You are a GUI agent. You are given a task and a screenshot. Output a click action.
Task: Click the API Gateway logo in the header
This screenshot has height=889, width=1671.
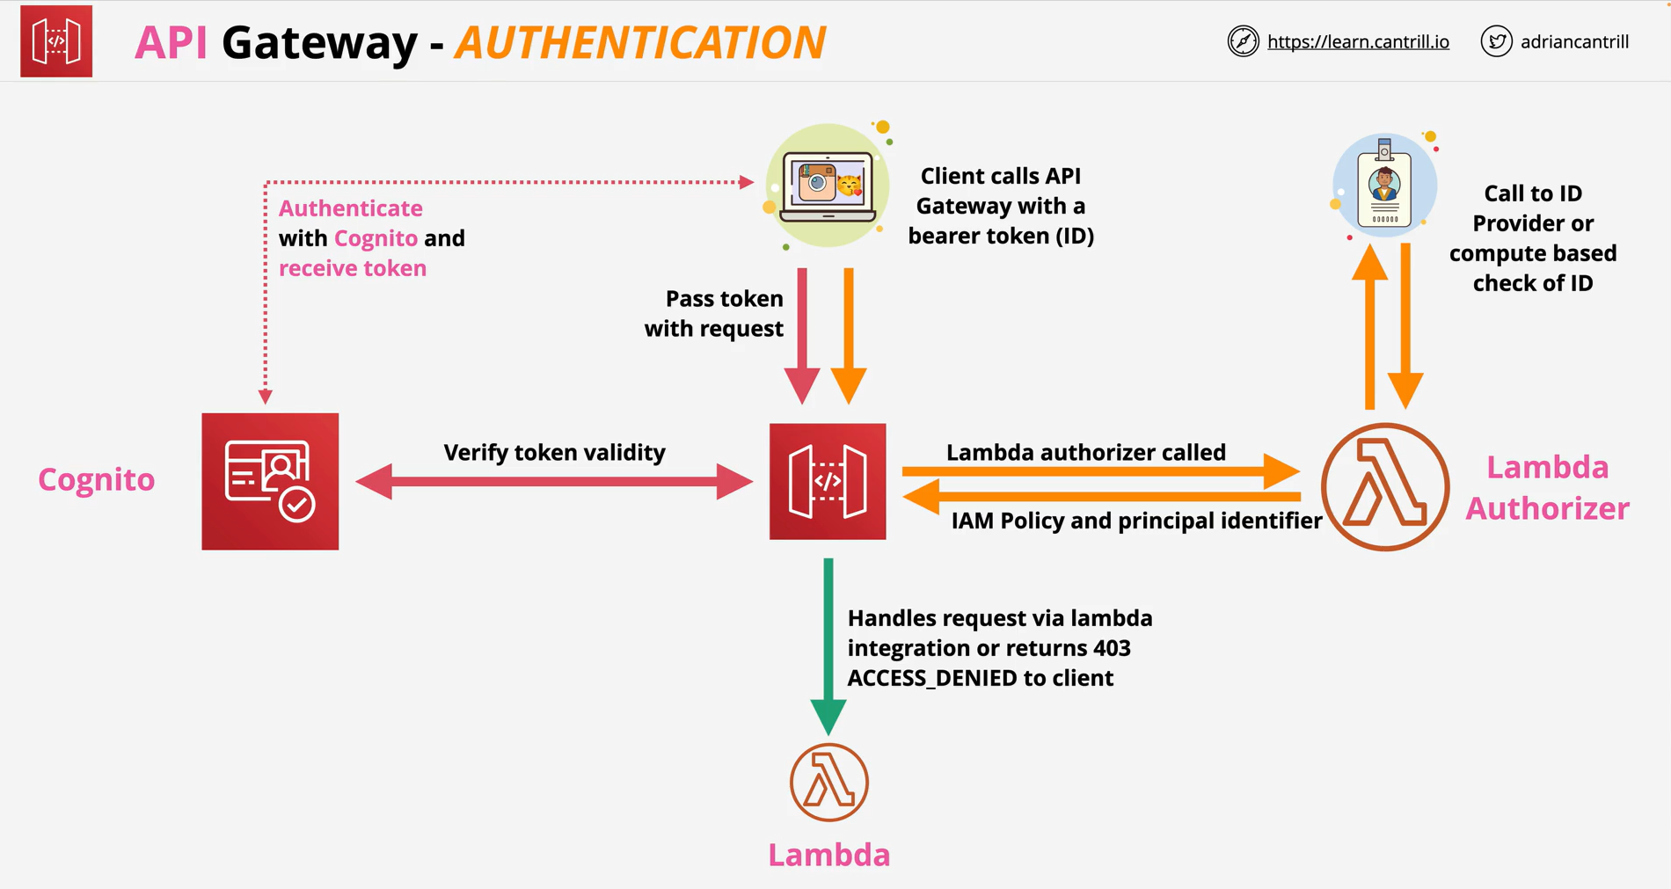[56, 41]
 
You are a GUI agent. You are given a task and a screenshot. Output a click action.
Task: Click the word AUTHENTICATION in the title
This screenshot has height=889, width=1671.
[640, 42]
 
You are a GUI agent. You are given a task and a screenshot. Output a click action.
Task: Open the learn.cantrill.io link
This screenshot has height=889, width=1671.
[1358, 41]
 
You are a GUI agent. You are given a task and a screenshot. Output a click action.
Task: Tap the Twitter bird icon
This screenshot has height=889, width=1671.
[1496, 41]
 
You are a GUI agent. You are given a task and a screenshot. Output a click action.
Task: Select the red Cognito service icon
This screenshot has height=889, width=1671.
[270, 481]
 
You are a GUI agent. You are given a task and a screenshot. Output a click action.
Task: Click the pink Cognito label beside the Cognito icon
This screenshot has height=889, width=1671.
[97, 479]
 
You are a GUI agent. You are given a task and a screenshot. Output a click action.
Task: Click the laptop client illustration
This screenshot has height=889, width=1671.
[828, 186]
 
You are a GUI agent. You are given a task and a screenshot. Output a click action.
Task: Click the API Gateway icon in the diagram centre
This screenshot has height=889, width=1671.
[828, 481]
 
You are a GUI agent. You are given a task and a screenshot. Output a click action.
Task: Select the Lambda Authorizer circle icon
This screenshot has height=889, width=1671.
[1385, 486]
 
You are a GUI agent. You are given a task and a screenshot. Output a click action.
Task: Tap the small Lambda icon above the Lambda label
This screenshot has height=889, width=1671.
[828, 782]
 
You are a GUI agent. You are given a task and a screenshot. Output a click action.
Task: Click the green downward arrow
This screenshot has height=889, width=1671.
[828, 646]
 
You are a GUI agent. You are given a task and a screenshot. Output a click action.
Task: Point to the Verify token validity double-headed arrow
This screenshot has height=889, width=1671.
[554, 481]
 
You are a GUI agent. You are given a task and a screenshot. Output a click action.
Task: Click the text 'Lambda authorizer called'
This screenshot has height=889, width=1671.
[1085, 452]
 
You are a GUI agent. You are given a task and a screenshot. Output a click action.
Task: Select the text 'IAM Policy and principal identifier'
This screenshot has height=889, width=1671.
[1136, 521]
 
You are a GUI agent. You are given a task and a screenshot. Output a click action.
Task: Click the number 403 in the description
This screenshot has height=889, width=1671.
[1112, 648]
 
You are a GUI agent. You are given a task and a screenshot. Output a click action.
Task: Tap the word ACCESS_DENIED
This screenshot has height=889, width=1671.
[932, 678]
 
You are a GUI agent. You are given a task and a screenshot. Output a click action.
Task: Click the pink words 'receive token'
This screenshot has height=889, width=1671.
[353, 268]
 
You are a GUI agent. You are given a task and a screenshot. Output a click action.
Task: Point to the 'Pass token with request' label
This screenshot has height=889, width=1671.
[714, 313]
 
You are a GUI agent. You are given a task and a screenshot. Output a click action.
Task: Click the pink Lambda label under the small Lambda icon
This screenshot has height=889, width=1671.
[829, 855]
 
